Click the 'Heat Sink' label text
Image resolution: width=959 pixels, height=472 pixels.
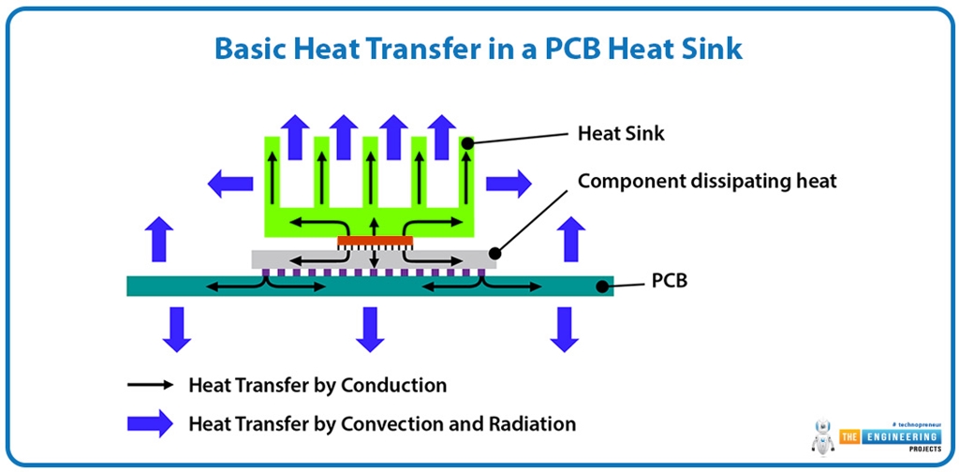621,133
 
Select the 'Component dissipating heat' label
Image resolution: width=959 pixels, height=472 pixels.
706,181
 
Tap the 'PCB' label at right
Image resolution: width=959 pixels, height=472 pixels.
669,279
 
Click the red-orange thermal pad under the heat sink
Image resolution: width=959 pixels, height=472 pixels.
375,241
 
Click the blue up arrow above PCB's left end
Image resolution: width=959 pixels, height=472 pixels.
160,239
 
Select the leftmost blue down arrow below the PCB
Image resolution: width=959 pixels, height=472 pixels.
175,329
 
